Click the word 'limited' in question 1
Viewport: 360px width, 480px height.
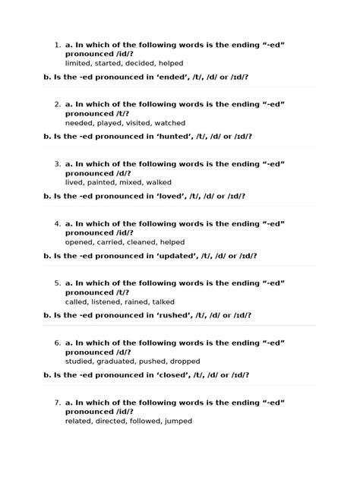77,63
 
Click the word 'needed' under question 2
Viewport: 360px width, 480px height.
80,122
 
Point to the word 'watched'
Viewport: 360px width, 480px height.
169,122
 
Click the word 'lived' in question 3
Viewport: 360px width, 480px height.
74,182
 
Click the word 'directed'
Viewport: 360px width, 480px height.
111,420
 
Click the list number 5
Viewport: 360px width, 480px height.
58,283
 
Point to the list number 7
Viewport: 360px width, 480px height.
58,401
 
